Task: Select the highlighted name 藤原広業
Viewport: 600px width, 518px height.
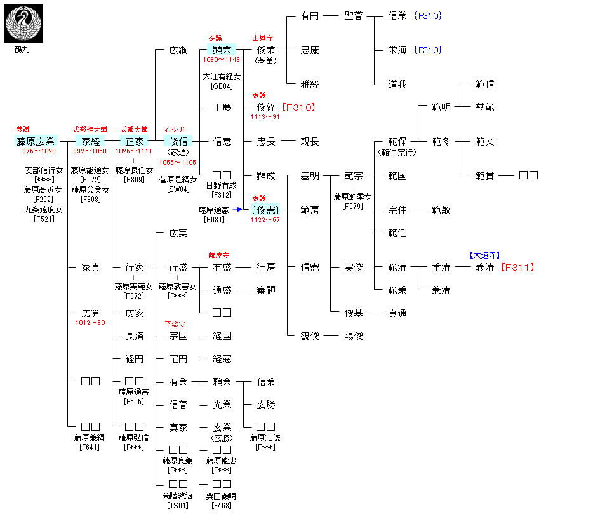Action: [x=36, y=141]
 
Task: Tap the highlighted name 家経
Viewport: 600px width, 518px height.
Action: [x=91, y=141]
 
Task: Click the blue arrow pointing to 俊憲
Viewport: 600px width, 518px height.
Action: [x=239, y=209]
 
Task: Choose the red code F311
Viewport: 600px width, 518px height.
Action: [x=517, y=268]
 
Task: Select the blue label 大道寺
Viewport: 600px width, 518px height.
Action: [x=485, y=256]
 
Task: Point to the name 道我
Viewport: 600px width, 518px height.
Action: [x=397, y=85]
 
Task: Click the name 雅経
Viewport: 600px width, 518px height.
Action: [x=310, y=85]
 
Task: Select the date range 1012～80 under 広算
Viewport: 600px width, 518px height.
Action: [x=90, y=323]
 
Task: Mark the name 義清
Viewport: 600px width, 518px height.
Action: [x=485, y=268]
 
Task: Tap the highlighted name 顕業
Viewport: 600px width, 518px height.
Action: [x=222, y=50]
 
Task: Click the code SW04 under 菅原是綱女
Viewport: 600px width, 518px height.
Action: [x=178, y=189]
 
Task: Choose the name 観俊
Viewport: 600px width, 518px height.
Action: [x=310, y=336]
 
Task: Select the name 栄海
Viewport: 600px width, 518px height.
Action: [x=397, y=50]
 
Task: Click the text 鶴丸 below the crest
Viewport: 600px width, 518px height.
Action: [x=22, y=50]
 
